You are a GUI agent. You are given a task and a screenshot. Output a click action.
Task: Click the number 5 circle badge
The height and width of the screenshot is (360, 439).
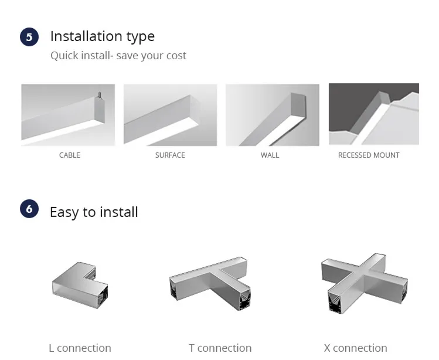(x=29, y=37)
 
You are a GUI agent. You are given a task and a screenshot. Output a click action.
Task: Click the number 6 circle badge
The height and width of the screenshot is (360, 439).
(x=29, y=209)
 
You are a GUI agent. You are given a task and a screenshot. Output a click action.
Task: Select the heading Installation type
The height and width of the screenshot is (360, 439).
(x=103, y=36)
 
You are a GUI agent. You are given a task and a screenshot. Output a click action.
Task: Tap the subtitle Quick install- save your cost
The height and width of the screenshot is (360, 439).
(x=118, y=56)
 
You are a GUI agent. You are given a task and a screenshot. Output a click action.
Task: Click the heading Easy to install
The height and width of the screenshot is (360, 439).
(x=94, y=212)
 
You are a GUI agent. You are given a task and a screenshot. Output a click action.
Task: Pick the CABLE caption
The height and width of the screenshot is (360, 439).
(x=70, y=155)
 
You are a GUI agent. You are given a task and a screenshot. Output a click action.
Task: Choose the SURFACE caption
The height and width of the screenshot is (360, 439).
(x=170, y=155)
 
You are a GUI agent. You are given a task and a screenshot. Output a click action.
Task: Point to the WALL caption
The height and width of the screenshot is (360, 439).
(x=270, y=155)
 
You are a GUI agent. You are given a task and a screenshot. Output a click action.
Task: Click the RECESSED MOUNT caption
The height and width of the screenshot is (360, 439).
(x=369, y=155)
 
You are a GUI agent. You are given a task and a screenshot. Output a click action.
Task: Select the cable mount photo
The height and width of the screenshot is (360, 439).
(x=68, y=115)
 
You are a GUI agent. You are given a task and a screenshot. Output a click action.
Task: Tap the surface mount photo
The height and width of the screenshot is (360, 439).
(x=170, y=115)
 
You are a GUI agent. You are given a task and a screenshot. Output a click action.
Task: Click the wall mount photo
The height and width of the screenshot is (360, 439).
(x=273, y=115)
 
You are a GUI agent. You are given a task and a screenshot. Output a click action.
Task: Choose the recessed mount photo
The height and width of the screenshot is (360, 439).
(x=374, y=114)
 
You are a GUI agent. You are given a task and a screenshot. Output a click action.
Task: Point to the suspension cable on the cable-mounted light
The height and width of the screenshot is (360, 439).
(x=99, y=94)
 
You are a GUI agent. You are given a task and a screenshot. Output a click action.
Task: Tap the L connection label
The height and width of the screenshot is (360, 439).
(x=80, y=348)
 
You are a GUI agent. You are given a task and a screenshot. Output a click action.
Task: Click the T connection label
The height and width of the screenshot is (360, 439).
(x=220, y=348)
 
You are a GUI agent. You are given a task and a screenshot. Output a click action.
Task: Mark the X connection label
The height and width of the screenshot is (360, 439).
(x=355, y=348)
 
